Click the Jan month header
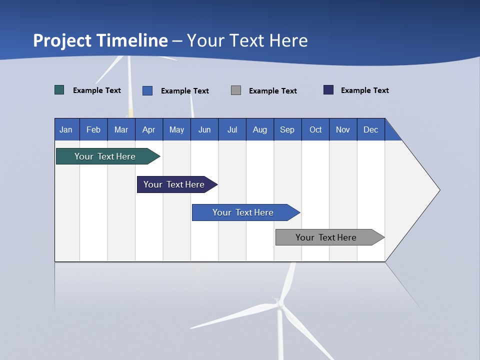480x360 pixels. point(66,130)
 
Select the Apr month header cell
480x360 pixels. point(149,130)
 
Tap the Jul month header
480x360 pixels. point(232,130)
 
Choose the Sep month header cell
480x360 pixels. point(287,130)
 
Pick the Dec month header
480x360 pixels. point(370,130)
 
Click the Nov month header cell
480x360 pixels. point(343,130)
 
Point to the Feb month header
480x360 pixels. point(93,130)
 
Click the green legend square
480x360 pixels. point(59,90)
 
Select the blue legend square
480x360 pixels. point(147,90)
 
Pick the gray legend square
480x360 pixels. point(236,90)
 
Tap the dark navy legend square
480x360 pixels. point(328,90)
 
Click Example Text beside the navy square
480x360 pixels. point(364,90)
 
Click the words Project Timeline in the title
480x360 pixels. point(100,40)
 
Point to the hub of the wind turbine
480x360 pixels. point(280,303)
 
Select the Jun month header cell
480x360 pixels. point(204,130)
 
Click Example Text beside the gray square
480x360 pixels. point(272,91)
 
